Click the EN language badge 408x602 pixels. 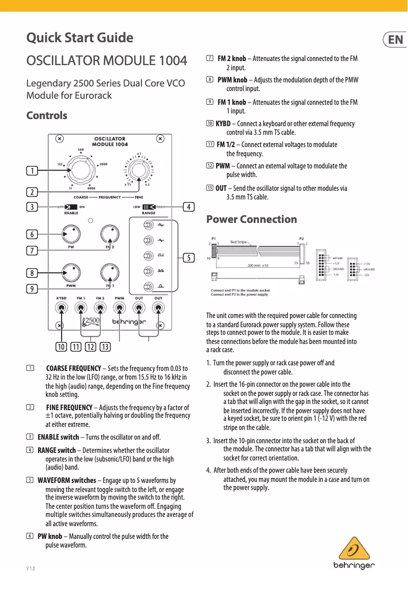pyautogui.click(x=393, y=39)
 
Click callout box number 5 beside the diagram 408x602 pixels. pyautogui.click(x=188, y=258)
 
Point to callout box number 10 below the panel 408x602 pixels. pyautogui.click(x=62, y=347)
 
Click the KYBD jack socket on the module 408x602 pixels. pyautogui.click(x=61, y=308)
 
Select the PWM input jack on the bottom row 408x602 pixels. pyautogui.click(x=120, y=308)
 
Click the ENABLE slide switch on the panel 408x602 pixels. pyautogui.click(x=71, y=207)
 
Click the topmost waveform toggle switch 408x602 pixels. pyautogui.click(x=148, y=224)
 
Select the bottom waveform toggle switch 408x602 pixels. pyautogui.click(x=148, y=286)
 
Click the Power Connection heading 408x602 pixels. pyautogui.click(x=251, y=219)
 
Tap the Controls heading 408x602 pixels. pyautogui.click(x=46, y=116)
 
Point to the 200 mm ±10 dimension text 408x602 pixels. pyautogui.click(x=261, y=265)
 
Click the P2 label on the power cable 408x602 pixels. pyautogui.click(x=302, y=238)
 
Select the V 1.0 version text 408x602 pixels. pyautogui.click(x=31, y=568)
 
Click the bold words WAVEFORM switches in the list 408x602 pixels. pyautogui.click(x=67, y=480)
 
